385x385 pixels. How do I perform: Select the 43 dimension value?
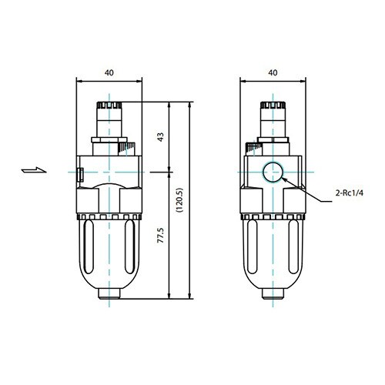point(161,137)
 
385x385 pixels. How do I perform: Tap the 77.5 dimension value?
point(161,236)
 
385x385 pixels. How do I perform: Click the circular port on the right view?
point(272,173)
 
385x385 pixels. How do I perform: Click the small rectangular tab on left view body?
point(81,175)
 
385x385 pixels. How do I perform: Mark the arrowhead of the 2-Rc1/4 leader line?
point(284,179)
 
